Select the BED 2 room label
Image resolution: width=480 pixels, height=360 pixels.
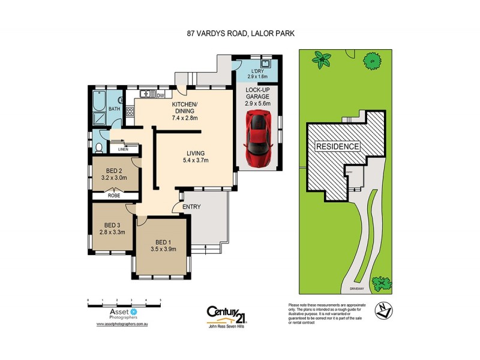(x=115, y=174)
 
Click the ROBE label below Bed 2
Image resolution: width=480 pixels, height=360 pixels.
(x=114, y=196)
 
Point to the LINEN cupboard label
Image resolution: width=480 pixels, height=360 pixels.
(x=124, y=149)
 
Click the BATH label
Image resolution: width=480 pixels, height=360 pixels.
(x=113, y=109)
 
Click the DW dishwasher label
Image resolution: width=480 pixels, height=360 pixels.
(x=160, y=95)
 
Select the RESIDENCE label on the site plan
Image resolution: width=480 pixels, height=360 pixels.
(x=337, y=146)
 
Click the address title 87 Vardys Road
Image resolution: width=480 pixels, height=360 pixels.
(x=239, y=34)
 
